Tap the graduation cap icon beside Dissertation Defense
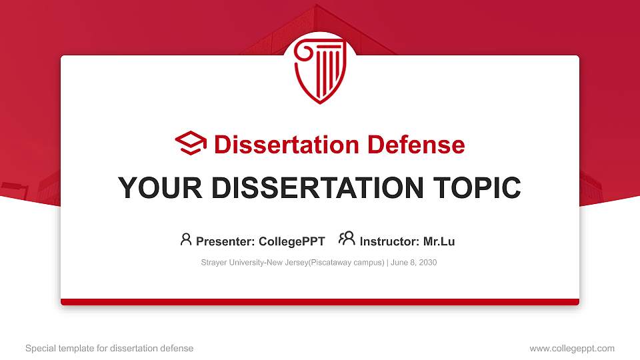191,144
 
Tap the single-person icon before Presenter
186,239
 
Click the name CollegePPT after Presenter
291,241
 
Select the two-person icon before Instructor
347,239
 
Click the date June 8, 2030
413,263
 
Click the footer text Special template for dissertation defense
109,348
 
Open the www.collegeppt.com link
572,348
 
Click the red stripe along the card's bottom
320,302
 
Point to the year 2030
427,263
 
